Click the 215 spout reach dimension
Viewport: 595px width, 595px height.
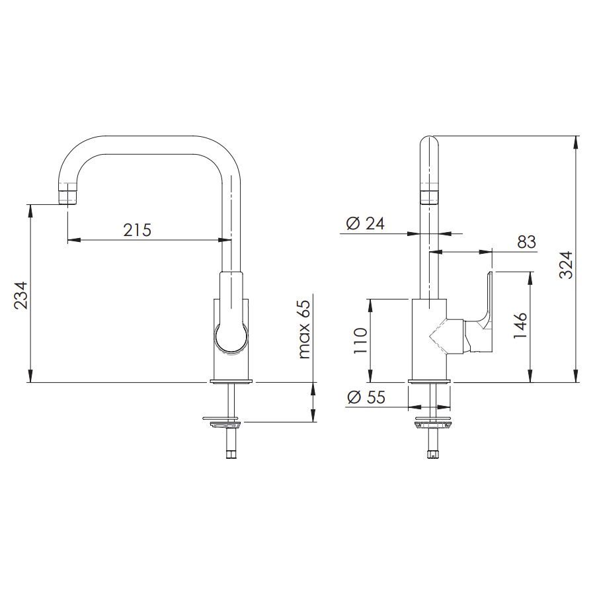[x=137, y=230]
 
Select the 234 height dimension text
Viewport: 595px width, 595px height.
[x=21, y=296]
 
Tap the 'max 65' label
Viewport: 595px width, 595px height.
[x=304, y=329]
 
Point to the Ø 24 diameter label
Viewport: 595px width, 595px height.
[x=366, y=223]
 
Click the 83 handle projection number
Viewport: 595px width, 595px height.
[x=527, y=242]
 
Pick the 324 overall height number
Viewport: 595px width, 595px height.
[x=566, y=264]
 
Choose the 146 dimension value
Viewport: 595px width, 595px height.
[x=520, y=325]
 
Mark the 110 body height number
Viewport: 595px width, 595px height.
[x=360, y=340]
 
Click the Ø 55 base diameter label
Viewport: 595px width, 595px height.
[x=366, y=397]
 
